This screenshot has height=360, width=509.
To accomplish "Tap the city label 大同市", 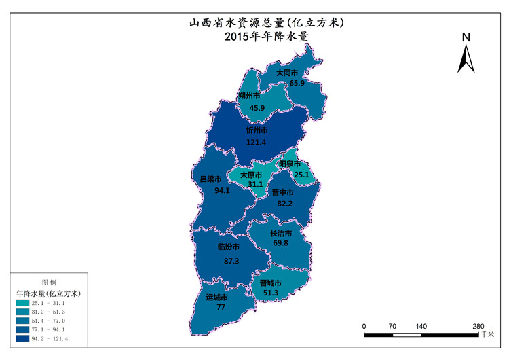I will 287,73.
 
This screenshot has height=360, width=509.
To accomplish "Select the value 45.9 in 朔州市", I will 257,107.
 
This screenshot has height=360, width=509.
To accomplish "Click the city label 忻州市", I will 257,130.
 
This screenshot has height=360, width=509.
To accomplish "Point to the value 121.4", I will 257,141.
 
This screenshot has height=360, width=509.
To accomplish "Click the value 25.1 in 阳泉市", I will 301,175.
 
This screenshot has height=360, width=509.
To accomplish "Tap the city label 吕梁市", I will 211,179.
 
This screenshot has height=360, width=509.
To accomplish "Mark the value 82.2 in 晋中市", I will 284,203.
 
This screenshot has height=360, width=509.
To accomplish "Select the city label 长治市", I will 280,233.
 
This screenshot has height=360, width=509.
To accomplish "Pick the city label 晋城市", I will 270,283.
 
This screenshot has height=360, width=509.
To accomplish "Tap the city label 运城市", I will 216,298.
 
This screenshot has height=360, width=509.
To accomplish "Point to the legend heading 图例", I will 50,282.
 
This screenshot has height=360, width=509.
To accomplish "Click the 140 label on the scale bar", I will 421,326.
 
